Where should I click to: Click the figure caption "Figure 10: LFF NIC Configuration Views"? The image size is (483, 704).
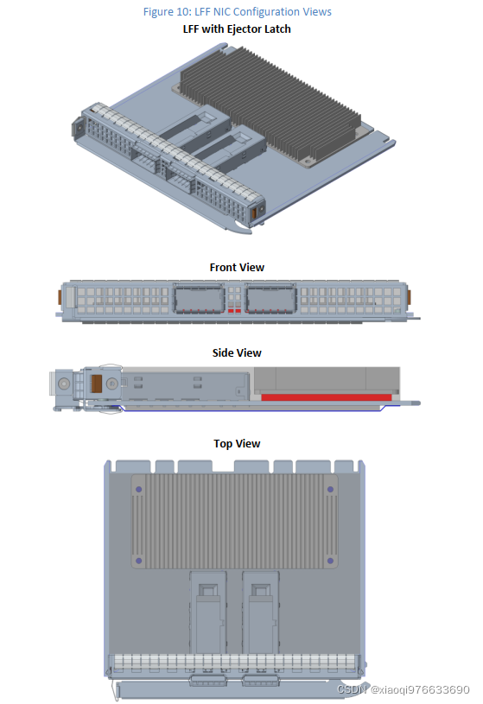(x=238, y=12)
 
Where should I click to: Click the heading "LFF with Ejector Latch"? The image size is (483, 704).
(x=237, y=29)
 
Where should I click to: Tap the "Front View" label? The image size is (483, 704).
(x=237, y=267)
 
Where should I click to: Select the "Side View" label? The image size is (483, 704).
(x=237, y=353)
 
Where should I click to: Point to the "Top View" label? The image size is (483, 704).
(x=237, y=444)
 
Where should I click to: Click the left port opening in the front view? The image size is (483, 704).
(x=199, y=298)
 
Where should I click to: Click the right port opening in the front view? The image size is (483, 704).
(x=271, y=298)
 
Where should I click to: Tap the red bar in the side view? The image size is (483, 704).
(x=327, y=396)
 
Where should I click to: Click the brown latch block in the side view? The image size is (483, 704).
(x=96, y=384)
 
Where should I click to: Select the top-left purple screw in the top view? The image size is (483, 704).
(x=139, y=490)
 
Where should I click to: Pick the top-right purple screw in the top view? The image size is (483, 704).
(x=330, y=490)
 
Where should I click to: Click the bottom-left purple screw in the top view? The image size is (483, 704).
(x=139, y=561)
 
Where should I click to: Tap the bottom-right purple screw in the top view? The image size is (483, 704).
(x=330, y=561)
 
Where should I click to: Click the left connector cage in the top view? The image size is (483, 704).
(x=208, y=612)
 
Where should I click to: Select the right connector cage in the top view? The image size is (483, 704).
(x=261, y=612)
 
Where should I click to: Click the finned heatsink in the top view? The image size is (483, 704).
(x=234, y=521)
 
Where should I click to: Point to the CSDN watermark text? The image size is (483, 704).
(x=403, y=689)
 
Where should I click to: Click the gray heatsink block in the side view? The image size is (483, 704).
(x=327, y=380)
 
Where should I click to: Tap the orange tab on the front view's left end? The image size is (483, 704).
(x=59, y=297)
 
